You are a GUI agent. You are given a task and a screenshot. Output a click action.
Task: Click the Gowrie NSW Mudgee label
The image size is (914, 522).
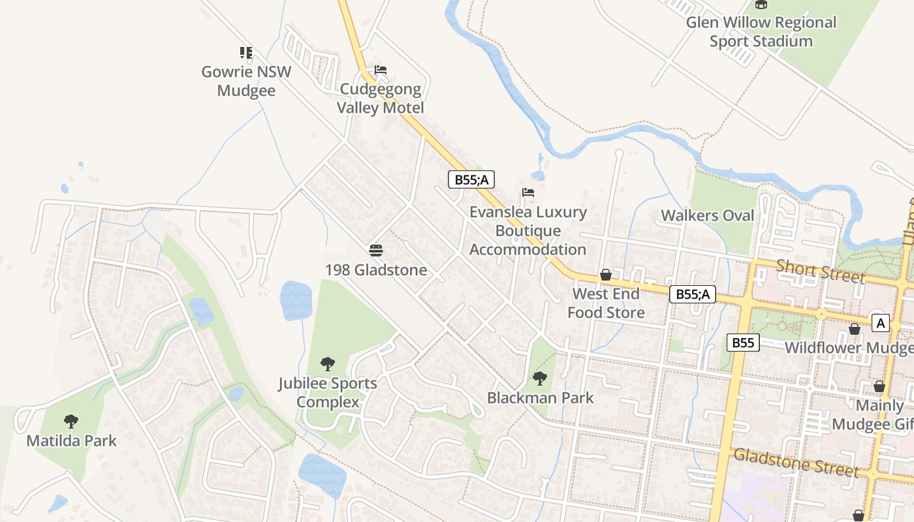pyautogui.click(x=246, y=81)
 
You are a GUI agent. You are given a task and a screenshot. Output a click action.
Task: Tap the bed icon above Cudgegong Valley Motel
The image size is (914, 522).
pyautogui.click(x=381, y=70)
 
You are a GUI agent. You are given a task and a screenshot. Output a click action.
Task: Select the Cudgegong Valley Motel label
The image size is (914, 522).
pyautogui.click(x=381, y=99)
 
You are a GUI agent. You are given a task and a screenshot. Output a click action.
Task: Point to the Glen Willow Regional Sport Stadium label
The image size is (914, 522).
pyautogui.click(x=761, y=32)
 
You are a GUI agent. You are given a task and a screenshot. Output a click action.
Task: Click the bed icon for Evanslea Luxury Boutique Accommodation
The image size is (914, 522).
pyautogui.click(x=528, y=192)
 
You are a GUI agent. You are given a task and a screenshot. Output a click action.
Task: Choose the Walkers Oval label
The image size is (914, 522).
pyautogui.click(x=707, y=215)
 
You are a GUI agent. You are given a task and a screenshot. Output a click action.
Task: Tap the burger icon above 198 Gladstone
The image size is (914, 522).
pyautogui.click(x=375, y=250)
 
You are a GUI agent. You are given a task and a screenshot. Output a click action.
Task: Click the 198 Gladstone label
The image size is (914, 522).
pyautogui.click(x=376, y=270)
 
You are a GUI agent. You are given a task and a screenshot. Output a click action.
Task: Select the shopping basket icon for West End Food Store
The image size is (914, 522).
pyautogui.click(x=606, y=275)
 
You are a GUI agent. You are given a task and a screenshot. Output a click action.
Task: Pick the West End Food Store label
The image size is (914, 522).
pyautogui.click(x=606, y=303)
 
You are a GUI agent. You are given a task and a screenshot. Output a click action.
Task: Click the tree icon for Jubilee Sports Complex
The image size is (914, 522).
pyautogui.click(x=328, y=363)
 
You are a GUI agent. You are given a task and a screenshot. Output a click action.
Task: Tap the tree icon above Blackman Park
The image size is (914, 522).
pyautogui.click(x=540, y=378)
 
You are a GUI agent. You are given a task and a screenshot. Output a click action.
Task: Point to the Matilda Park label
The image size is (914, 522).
pyautogui.click(x=72, y=440)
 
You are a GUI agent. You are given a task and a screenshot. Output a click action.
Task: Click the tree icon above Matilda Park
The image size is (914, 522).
pyautogui.click(x=71, y=422)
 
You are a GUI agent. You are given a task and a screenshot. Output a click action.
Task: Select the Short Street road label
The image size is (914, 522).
pyautogui.click(x=820, y=271)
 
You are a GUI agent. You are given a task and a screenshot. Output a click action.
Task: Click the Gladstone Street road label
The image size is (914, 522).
pyautogui.click(x=796, y=462)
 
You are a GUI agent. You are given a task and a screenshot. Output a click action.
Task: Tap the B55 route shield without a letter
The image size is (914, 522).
pyautogui.click(x=743, y=343)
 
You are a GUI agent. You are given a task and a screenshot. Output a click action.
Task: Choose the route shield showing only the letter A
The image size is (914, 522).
pyautogui.click(x=880, y=322)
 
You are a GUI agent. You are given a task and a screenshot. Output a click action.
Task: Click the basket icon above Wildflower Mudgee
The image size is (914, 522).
pyautogui.click(x=854, y=329)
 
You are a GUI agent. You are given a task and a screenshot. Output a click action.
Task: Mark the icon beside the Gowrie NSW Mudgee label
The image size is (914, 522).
pyautogui.click(x=246, y=53)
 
